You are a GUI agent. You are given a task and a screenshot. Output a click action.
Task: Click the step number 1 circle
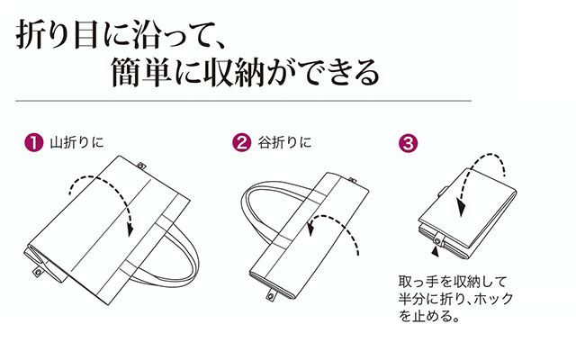tap(34, 142)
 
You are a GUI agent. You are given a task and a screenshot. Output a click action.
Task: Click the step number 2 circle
tap(242, 142)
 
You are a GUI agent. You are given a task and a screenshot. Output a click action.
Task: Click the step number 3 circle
tap(408, 143)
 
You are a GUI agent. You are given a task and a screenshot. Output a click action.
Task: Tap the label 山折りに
tap(76, 142)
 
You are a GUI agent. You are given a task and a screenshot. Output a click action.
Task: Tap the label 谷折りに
tap(284, 142)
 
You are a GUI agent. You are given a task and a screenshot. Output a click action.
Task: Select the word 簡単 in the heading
tap(141, 72)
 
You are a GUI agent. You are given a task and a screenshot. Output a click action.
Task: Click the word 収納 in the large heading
tap(234, 72)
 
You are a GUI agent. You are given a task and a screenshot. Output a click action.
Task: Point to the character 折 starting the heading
tap(30, 34)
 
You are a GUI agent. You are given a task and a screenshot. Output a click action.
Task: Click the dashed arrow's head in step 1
tap(130, 230)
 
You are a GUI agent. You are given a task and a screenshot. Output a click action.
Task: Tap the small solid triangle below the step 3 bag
tap(436, 252)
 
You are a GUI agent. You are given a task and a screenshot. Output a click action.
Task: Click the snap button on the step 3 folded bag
tap(437, 241)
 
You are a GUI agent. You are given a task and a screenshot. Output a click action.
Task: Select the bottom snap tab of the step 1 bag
tap(38, 272)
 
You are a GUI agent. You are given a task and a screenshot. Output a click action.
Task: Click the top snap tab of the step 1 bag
tap(140, 166)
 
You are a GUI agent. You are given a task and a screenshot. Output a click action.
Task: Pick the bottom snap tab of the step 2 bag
tap(271, 295)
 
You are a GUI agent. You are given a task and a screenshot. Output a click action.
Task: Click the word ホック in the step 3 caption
tap(493, 299)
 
